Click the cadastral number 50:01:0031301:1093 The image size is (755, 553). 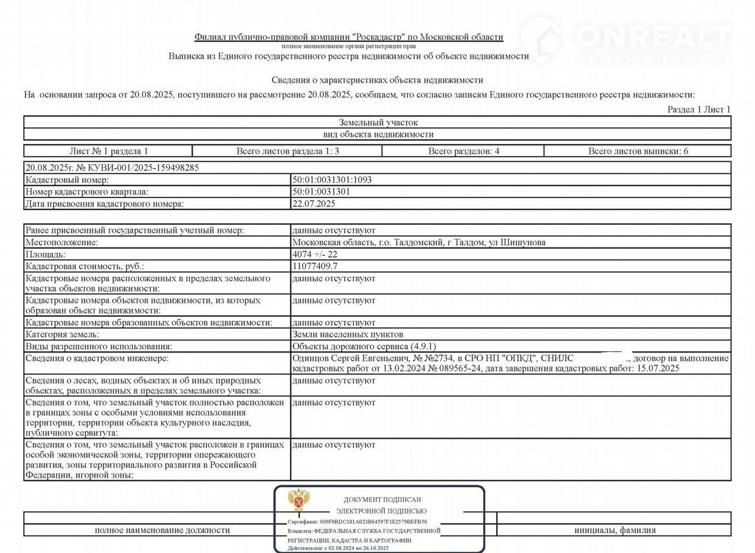(x=331, y=180)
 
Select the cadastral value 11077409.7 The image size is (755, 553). (x=315, y=266)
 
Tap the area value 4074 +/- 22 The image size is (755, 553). (x=314, y=255)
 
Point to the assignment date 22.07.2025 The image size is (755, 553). (x=314, y=204)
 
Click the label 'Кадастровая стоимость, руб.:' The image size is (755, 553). (x=85, y=266)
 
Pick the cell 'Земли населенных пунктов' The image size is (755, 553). (x=347, y=334)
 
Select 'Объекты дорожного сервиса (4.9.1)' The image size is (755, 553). (x=356, y=346)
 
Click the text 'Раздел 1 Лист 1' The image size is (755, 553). (x=698, y=109)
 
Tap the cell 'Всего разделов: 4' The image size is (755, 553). (x=463, y=151)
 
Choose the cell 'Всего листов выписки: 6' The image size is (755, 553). (x=638, y=151)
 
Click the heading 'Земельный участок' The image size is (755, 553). (x=378, y=123)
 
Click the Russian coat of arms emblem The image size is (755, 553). (x=298, y=500)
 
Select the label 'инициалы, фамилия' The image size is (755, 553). (x=615, y=530)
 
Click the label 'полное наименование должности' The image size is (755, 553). (x=162, y=530)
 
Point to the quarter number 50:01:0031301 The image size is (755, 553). (x=321, y=192)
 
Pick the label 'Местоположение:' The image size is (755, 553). (x=61, y=242)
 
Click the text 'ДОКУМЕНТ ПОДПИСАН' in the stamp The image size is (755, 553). (x=382, y=500)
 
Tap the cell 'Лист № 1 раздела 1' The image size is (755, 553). (x=109, y=151)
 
